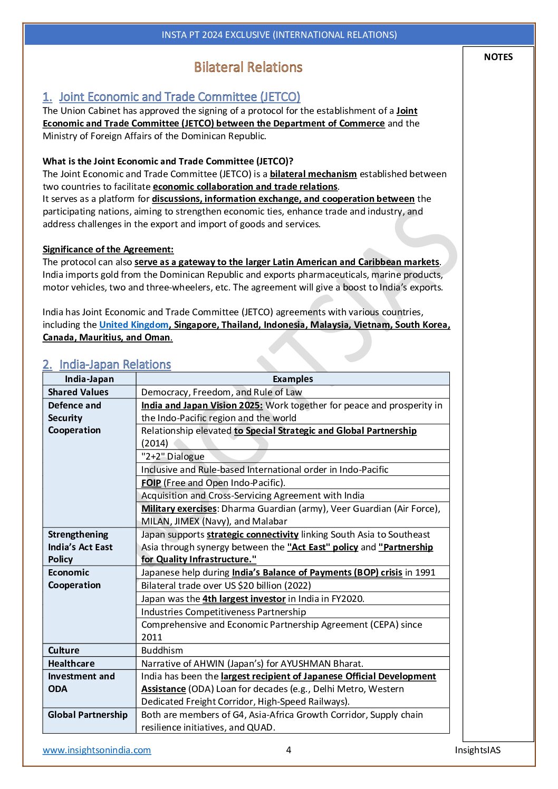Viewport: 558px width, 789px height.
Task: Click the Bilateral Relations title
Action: pyautogui.click(x=248, y=67)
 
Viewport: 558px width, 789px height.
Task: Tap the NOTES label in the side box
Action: pyautogui.click(x=498, y=57)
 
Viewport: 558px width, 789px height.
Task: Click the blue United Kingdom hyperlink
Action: pyautogui.click(x=133, y=325)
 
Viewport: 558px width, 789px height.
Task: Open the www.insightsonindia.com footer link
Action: pyautogui.click(x=97, y=750)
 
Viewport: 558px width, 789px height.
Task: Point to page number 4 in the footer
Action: pyautogui.click(x=288, y=750)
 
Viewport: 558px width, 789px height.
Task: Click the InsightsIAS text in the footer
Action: pyautogui.click(x=477, y=750)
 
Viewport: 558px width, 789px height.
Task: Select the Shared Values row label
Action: pyautogui.click(x=78, y=392)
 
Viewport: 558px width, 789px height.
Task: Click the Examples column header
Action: pyautogui.click(x=293, y=379)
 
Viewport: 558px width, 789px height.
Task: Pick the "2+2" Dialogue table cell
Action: pyautogui.click(x=172, y=456)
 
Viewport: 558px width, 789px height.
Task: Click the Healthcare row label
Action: pyautogui.click(x=71, y=664)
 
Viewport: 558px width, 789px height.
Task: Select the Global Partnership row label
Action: pyautogui.click(x=88, y=715)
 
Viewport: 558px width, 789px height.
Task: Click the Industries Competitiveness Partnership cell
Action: pyautogui.click(x=223, y=612)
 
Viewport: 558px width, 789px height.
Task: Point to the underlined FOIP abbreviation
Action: pyautogui.click(x=151, y=483)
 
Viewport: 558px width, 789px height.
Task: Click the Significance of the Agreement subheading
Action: pyautogui.click(x=108, y=249)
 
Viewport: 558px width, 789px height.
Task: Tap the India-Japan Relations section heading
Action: pyautogui.click(x=115, y=365)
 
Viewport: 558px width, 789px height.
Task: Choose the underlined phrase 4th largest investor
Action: pyautogui.click(x=244, y=599)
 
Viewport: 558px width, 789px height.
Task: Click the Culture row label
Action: pyautogui.click(x=63, y=650)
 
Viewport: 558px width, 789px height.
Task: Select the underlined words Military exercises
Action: pyautogui.click(x=179, y=509)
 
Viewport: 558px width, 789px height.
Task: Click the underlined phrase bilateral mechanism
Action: pyautogui.click(x=313, y=174)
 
